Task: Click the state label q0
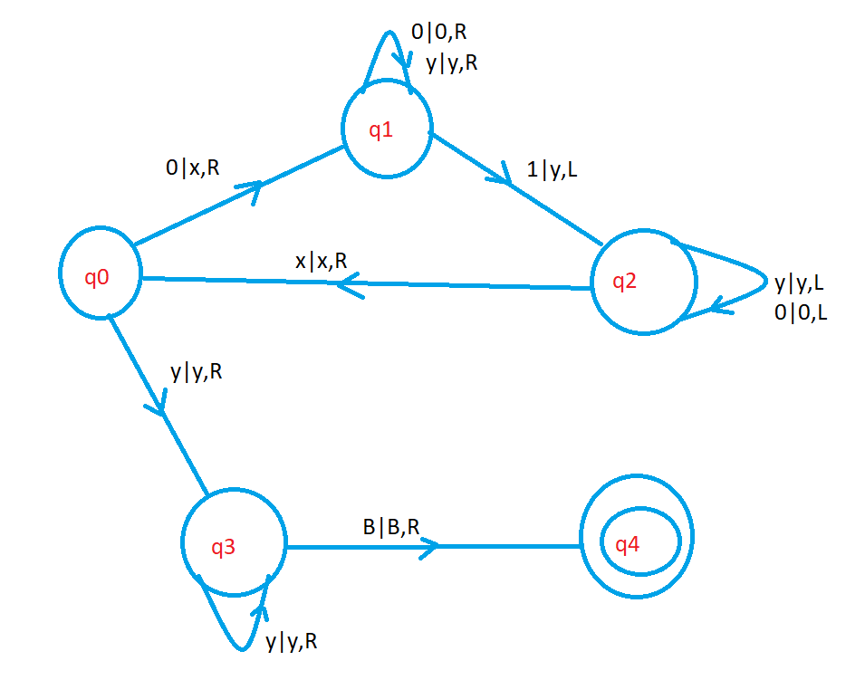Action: [x=97, y=277]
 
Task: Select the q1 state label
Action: [x=381, y=130]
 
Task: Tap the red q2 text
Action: [x=625, y=281]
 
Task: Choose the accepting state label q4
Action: [x=627, y=544]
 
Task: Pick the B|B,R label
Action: [x=391, y=526]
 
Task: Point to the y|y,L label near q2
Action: [x=799, y=283]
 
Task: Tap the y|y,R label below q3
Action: [x=291, y=642]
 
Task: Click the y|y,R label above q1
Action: [x=453, y=64]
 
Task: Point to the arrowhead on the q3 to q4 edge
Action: [x=429, y=546]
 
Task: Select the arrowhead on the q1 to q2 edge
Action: [x=498, y=177]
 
